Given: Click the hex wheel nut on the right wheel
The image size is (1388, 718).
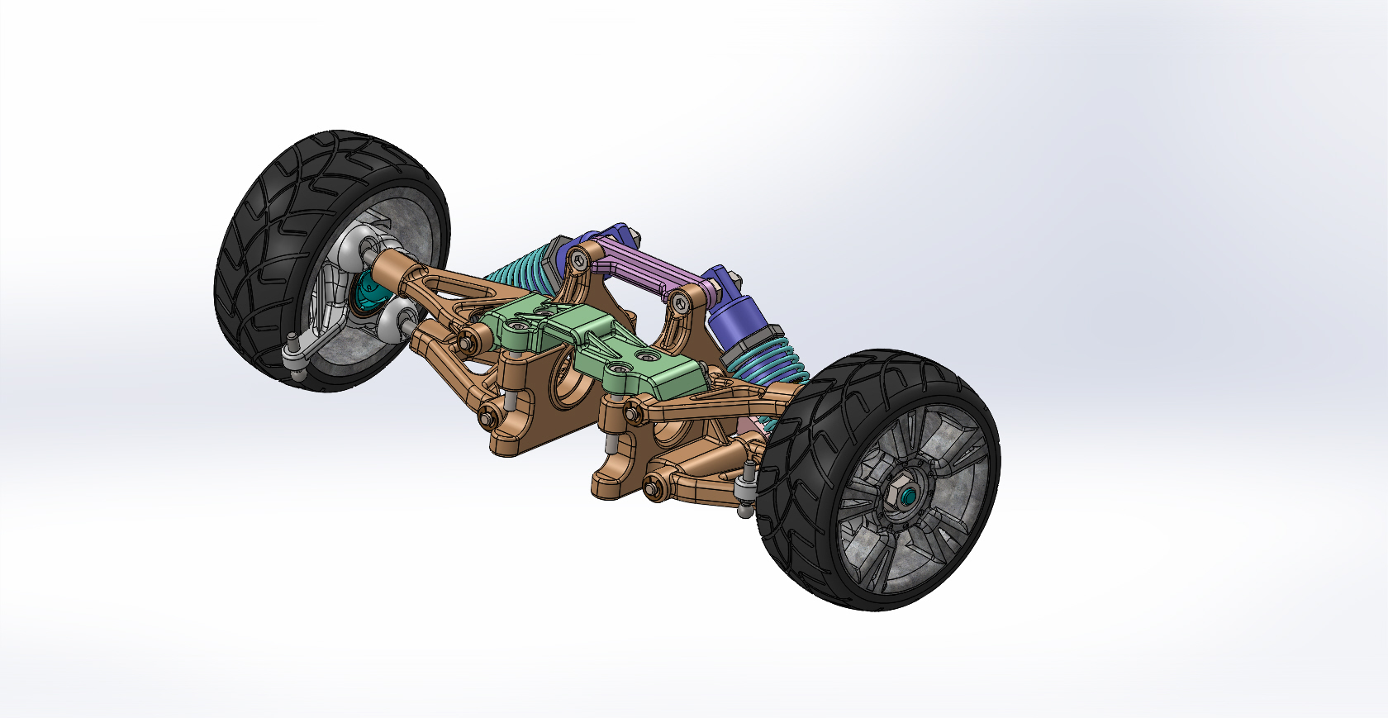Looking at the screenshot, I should (901, 493).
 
